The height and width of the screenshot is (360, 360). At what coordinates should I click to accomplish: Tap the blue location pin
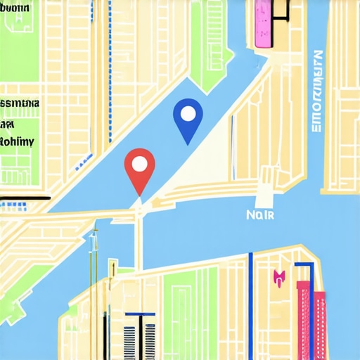(x=188, y=118)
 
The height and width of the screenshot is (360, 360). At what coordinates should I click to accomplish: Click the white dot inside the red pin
(x=139, y=165)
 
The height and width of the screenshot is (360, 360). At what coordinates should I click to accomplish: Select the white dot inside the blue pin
(x=188, y=112)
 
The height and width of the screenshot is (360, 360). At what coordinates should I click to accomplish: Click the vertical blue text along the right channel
(x=316, y=91)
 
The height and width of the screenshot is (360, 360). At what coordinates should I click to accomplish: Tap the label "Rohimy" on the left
(x=15, y=141)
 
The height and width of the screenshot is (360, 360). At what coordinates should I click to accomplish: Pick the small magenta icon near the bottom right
(x=278, y=278)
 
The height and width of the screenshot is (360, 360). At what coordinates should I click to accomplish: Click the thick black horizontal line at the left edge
(x=25, y=198)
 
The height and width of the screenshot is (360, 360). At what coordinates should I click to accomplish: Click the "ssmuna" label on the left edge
(x=20, y=103)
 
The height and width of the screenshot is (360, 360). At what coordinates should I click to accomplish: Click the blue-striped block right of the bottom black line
(x=131, y=342)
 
